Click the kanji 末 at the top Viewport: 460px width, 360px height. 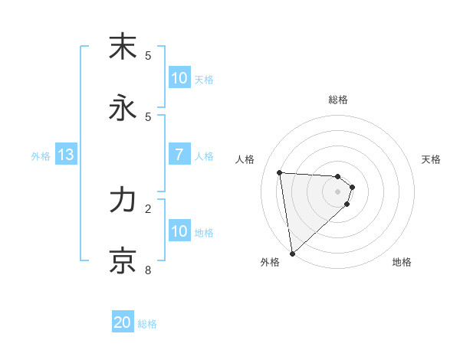(x=123, y=47)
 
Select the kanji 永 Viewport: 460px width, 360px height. (x=123, y=108)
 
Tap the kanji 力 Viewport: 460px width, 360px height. (x=123, y=200)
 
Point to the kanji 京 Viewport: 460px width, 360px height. (x=123, y=261)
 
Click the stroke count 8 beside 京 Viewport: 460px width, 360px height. (x=148, y=270)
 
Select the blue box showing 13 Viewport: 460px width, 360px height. (x=66, y=155)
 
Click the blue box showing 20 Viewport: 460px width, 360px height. (x=123, y=322)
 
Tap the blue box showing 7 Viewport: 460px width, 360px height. (x=179, y=155)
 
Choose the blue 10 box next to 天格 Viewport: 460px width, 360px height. (x=179, y=78)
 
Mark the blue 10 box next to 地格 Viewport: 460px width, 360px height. (x=179, y=231)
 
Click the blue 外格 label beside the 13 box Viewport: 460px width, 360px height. (x=41, y=155)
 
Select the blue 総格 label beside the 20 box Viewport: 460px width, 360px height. (x=147, y=324)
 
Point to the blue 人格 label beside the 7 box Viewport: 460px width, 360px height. (x=204, y=155)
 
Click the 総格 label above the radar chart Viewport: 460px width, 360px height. (x=338, y=100)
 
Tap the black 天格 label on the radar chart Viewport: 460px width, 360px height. (x=431, y=159)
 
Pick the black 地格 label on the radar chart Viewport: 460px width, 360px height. (x=402, y=263)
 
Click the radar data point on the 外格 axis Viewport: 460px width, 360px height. (x=292, y=253)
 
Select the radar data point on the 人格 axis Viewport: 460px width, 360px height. (x=280, y=172)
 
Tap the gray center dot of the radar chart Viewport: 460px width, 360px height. (x=338, y=191)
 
